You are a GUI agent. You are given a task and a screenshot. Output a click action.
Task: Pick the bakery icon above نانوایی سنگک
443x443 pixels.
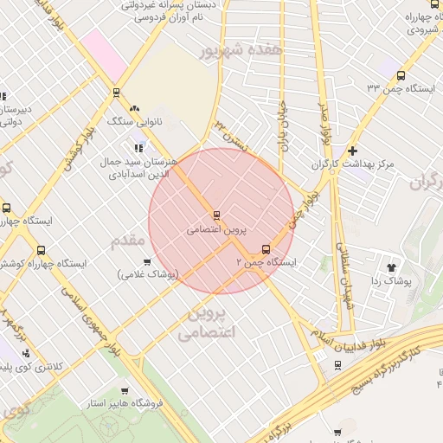click(134, 109)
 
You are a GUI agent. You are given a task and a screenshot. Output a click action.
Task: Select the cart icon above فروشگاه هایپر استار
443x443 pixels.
click(125, 391)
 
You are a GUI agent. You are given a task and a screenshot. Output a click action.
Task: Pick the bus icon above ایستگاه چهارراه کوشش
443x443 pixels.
click(41, 251)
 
